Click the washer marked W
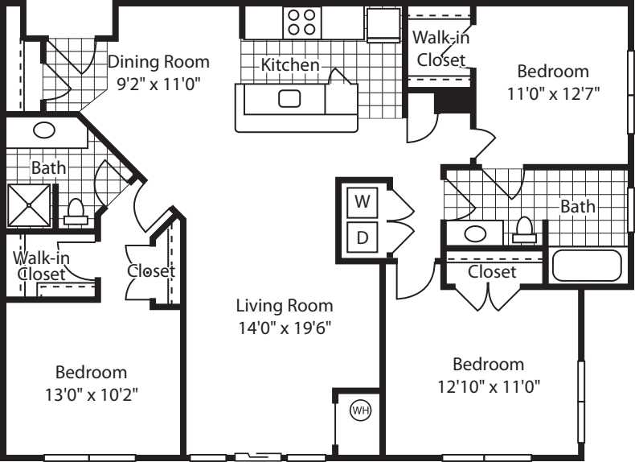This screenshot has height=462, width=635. (362, 201)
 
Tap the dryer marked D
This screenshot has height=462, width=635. (362, 237)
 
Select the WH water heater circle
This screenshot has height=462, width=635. (360, 410)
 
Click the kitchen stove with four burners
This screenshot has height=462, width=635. (301, 22)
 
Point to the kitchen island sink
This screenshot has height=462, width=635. (289, 98)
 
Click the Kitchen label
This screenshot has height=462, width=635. (290, 65)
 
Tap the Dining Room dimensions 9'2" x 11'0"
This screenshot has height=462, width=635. (159, 85)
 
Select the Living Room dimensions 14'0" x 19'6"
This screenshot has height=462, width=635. (285, 328)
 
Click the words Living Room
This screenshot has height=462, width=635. (285, 305)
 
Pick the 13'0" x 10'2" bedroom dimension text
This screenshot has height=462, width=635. (92, 394)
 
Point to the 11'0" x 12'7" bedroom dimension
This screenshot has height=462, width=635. (553, 93)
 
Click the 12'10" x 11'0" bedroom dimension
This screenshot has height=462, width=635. (489, 386)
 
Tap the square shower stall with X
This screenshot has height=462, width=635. (29, 205)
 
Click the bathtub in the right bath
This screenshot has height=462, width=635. (588, 266)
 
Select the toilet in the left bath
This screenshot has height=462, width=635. (76, 212)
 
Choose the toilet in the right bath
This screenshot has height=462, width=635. (524, 230)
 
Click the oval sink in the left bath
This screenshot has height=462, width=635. (44, 130)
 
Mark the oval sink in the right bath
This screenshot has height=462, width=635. (475, 233)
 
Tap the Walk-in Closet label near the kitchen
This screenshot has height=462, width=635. (441, 48)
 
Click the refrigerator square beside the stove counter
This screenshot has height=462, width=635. (383, 24)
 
